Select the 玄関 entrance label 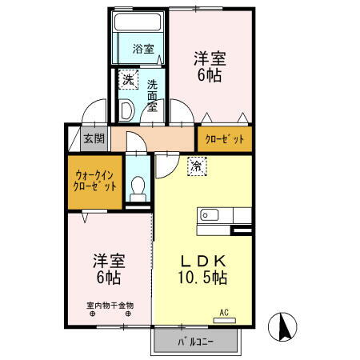(94, 138)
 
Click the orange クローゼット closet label (225, 138)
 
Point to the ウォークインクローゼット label (94, 180)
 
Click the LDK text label (202, 262)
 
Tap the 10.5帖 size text (202, 278)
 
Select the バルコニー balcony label (195, 344)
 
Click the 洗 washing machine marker (128, 79)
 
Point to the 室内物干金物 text (110, 305)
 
